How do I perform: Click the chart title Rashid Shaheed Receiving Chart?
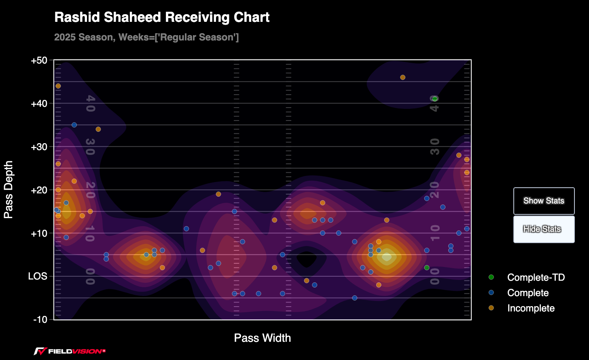(162, 17)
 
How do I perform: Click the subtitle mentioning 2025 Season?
(146, 38)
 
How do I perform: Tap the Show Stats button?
(544, 201)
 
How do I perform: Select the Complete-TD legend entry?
(536, 277)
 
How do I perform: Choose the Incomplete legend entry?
(531, 308)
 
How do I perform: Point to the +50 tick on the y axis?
(39, 61)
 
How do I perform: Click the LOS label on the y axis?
(38, 276)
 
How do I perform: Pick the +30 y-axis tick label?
(39, 147)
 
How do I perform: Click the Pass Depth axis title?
(9, 190)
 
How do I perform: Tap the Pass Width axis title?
(263, 338)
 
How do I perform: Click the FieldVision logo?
(70, 351)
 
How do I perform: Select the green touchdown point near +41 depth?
(435, 99)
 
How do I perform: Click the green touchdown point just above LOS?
(427, 267)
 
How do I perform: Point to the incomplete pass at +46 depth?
(403, 77)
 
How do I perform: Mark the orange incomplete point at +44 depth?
(58, 86)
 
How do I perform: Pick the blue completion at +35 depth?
(74, 125)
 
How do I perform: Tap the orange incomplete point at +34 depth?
(98, 129)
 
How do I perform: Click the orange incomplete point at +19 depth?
(218, 194)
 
